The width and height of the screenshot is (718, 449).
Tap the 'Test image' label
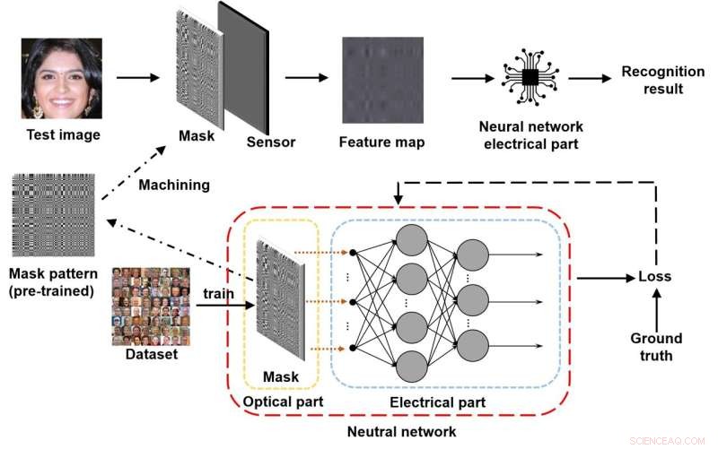[x=63, y=135]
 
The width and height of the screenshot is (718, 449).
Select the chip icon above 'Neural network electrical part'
[x=530, y=78]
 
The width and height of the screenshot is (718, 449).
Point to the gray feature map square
[x=378, y=78]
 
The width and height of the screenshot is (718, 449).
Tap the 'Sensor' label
[x=270, y=142]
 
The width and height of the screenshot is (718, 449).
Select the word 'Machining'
[x=173, y=185]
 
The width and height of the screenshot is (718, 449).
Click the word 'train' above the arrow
[x=220, y=293]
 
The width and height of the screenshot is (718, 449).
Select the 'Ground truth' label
[x=655, y=346]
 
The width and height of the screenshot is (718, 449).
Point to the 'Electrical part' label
[x=437, y=402]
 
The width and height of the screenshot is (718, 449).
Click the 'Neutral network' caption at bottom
[x=401, y=432]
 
